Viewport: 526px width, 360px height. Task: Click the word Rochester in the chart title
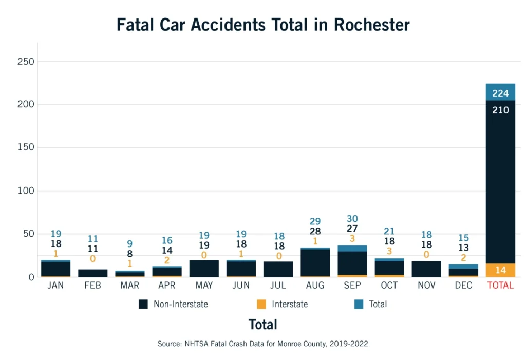371,25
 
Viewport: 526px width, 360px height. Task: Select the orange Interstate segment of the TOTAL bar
500,270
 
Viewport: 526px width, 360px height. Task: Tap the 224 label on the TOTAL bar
500,93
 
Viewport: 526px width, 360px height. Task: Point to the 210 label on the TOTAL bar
500,110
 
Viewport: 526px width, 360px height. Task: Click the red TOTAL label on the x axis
500,286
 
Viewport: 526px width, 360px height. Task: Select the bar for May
204,269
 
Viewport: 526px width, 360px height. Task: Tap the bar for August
315,263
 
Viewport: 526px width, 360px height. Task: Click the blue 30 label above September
352,219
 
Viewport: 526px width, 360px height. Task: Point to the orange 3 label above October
389,251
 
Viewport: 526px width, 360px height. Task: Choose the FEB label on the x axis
92,286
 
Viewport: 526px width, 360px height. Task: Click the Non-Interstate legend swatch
143,304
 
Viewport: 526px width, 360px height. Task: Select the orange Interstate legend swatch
261,304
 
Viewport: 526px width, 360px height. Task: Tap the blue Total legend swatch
359,304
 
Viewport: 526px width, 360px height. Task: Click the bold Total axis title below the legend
263,325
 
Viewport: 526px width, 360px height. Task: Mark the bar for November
426,269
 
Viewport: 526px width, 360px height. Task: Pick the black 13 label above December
463,248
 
